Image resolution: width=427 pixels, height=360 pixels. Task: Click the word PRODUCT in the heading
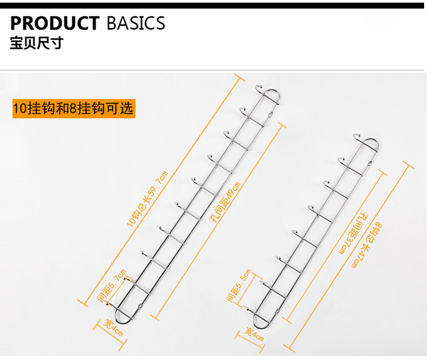(55, 23)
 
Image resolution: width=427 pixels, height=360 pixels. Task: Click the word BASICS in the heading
(136, 23)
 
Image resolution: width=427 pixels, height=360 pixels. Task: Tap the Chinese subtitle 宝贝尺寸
(37, 43)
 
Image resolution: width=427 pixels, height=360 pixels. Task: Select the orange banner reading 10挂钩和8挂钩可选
(74, 108)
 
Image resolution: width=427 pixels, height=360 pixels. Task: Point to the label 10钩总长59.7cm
(147, 199)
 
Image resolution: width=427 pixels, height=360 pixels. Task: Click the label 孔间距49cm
(226, 202)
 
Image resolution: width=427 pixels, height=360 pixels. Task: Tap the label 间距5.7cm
(112, 285)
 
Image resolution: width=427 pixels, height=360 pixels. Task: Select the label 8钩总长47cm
(367, 245)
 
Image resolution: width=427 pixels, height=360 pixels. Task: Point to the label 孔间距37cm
(354, 234)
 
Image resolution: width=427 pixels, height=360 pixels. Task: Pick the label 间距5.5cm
(239, 285)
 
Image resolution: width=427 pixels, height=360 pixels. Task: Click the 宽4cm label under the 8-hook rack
(254, 334)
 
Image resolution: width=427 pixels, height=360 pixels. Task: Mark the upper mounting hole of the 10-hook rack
(270, 115)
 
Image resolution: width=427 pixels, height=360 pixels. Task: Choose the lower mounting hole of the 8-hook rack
(278, 311)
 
